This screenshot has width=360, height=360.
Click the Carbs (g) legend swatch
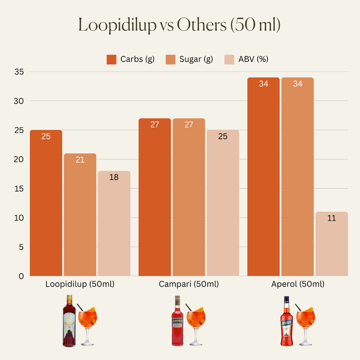(x=111, y=59)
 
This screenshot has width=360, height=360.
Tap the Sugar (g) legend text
(x=196, y=59)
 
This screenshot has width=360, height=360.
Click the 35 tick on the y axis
(x=19, y=72)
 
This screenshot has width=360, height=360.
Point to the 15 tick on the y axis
(x=19, y=188)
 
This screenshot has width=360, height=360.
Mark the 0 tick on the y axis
(x=21, y=276)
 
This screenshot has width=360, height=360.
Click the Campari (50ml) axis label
(x=188, y=284)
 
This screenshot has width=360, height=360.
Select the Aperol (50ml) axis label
(x=297, y=284)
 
